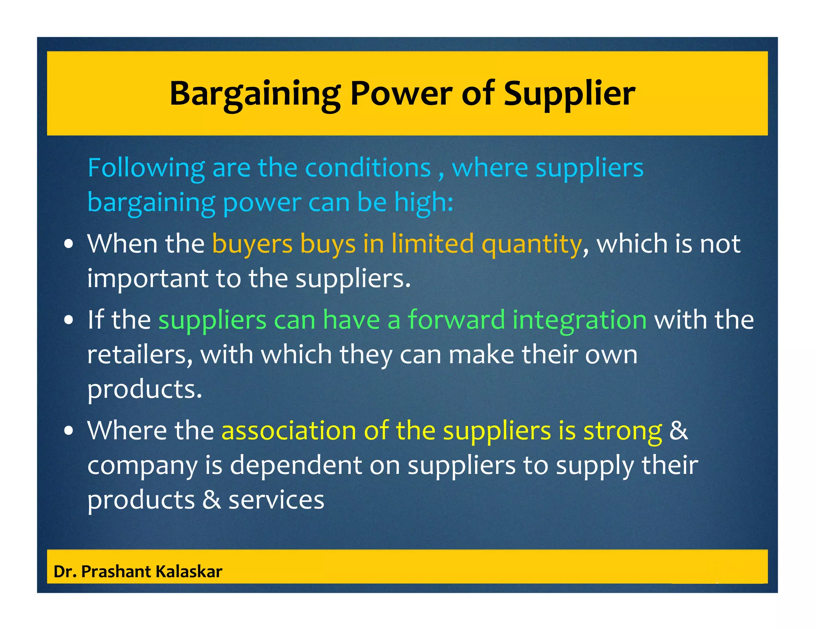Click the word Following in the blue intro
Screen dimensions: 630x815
pyautogui.click(x=146, y=168)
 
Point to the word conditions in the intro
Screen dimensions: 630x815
pyautogui.click(x=368, y=168)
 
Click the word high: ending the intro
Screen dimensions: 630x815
pyautogui.click(x=423, y=202)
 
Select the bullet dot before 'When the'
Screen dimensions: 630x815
pyautogui.click(x=69, y=244)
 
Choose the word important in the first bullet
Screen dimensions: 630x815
pyautogui.click(x=147, y=278)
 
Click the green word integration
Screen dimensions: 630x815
pyautogui.click(x=579, y=320)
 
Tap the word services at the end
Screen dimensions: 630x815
pyautogui.click(x=276, y=500)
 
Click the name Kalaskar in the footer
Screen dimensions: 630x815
pyautogui.click(x=189, y=571)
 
